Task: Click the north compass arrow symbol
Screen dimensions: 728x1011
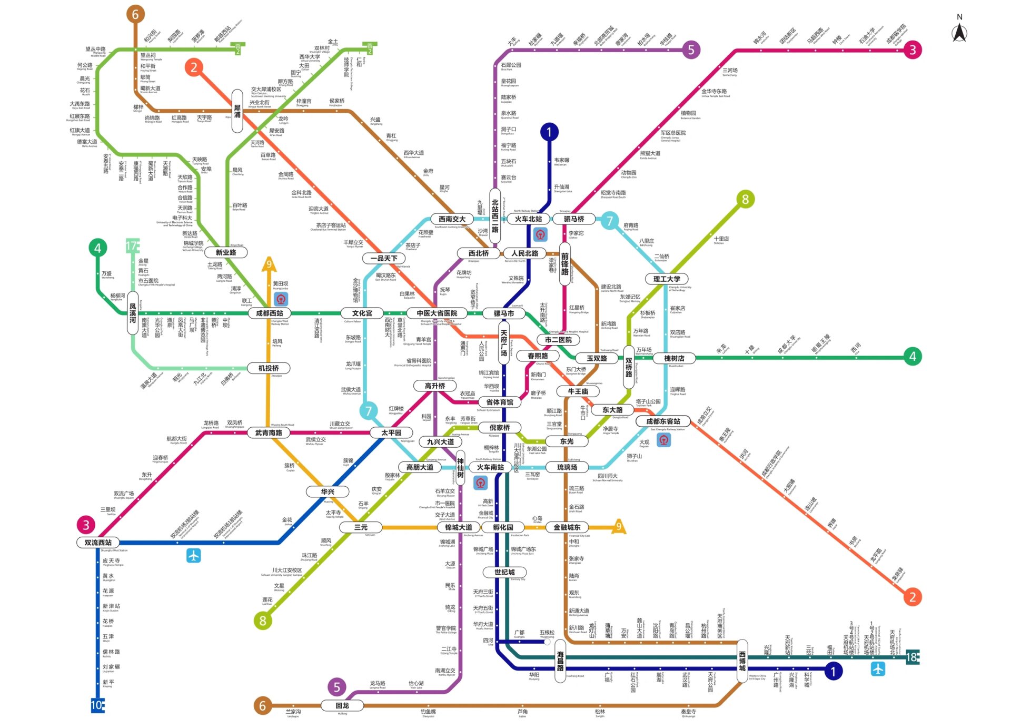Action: pyautogui.click(x=959, y=33)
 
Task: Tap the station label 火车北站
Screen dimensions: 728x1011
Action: pyautogui.click(x=528, y=219)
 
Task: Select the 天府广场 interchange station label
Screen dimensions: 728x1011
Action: pyautogui.click(x=504, y=343)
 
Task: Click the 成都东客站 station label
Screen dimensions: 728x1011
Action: pyautogui.click(x=663, y=421)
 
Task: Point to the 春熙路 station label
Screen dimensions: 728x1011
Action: pyautogui.click(x=538, y=356)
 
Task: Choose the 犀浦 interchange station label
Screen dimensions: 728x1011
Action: pyautogui.click(x=237, y=111)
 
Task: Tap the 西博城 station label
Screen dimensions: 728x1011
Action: pyautogui.click(x=742, y=661)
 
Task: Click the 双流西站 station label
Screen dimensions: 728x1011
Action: pyautogui.click(x=98, y=543)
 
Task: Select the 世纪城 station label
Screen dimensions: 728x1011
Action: pyautogui.click(x=504, y=573)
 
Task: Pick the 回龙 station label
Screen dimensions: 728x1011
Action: pyautogui.click(x=342, y=706)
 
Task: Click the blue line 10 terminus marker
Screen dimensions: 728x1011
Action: pyautogui.click(x=97, y=705)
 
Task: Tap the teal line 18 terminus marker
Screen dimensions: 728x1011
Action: pyautogui.click(x=912, y=657)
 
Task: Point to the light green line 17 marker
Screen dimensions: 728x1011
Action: pyautogui.click(x=132, y=245)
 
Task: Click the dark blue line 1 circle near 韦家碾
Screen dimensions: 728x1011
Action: pyautogui.click(x=549, y=132)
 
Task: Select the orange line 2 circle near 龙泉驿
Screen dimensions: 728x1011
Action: pyautogui.click(x=913, y=597)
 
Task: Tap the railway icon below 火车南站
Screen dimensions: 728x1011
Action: pyautogui.click(x=480, y=483)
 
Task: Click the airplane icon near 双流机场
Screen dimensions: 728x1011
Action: pyautogui.click(x=193, y=555)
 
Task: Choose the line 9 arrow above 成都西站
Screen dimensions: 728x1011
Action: pyautogui.click(x=269, y=263)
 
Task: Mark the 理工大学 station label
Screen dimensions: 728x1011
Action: pyautogui.click(x=667, y=279)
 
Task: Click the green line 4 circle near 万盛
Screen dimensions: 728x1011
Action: pyautogui.click(x=97, y=248)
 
